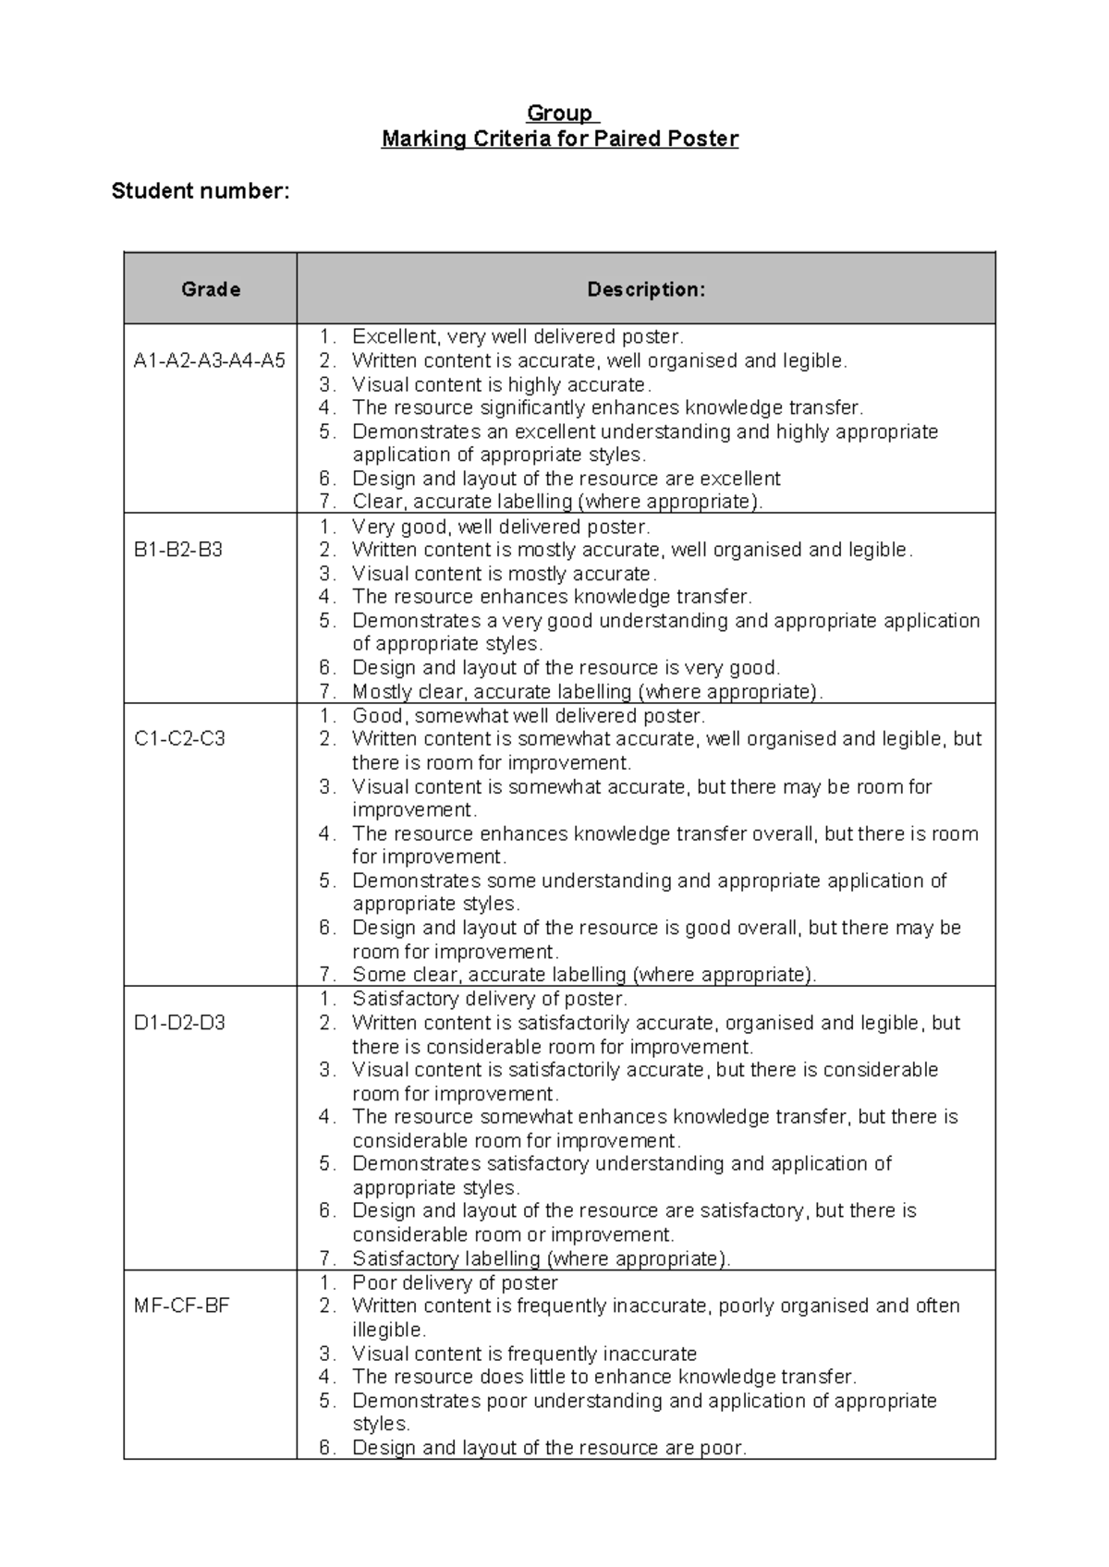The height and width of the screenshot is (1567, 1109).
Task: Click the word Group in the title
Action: pyautogui.click(x=559, y=114)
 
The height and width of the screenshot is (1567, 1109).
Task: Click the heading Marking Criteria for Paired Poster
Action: pyautogui.click(x=560, y=140)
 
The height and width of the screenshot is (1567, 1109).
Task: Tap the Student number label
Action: pyautogui.click(x=201, y=191)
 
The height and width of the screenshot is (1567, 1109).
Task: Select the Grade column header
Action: pyautogui.click(x=211, y=289)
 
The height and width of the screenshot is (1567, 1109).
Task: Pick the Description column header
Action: pyautogui.click(x=646, y=289)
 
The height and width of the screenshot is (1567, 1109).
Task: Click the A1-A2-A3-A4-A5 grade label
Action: pyautogui.click(x=210, y=361)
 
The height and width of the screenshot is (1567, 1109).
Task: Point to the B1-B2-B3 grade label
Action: pyautogui.click(x=178, y=551)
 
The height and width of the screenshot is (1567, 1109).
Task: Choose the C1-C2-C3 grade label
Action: pyautogui.click(x=179, y=739)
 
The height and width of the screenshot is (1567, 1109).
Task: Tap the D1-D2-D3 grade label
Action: pyautogui.click(x=179, y=1023)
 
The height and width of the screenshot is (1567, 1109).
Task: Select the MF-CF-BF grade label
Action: pyautogui.click(x=181, y=1306)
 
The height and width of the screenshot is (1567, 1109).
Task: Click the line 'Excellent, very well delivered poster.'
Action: pyautogui.click(x=518, y=337)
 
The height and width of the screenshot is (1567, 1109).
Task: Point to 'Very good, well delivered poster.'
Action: pyautogui.click(x=501, y=528)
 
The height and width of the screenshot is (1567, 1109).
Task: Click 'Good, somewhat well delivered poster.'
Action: pyautogui.click(x=528, y=716)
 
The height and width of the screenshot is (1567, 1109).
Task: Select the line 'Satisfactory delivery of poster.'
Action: pyautogui.click(x=490, y=999)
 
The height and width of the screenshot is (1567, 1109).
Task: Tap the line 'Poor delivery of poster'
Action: pyautogui.click(x=455, y=1282)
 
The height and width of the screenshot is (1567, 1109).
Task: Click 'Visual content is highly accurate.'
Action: pyautogui.click(x=502, y=384)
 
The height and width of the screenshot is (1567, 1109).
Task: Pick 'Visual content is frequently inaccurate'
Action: pyautogui.click(x=524, y=1354)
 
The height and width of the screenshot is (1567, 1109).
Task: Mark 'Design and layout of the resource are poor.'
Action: pyautogui.click(x=549, y=1448)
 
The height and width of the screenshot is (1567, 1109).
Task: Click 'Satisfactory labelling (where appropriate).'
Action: pyautogui.click(x=542, y=1258)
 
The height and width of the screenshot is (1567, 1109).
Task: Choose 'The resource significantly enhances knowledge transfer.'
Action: pyautogui.click(x=607, y=408)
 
